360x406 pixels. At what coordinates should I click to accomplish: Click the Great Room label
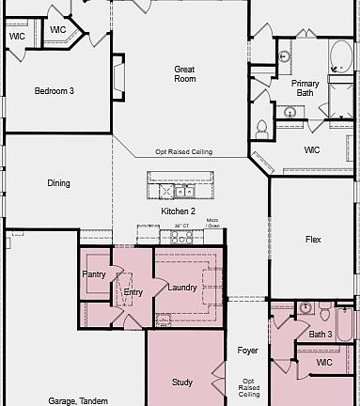[x=184, y=74]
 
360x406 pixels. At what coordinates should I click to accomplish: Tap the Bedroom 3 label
[x=54, y=91]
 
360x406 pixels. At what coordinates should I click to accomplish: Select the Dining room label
[x=58, y=183]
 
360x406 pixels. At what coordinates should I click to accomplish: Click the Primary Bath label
[x=305, y=88]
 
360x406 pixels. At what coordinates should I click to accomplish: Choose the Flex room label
[x=313, y=240]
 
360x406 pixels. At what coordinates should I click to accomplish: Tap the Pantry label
[x=94, y=274]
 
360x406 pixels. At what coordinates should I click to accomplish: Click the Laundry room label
[x=182, y=287]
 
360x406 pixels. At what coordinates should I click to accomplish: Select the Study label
[x=182, y=382]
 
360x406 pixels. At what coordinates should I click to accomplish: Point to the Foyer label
[x=247, y=351]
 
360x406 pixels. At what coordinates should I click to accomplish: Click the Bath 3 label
[x=321, y=334]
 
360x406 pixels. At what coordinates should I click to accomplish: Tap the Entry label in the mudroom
[x=133, y=292]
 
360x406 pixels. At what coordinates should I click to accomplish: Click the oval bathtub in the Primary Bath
[x=337, y=58]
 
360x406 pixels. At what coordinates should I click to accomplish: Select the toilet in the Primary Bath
[x=262, y=129]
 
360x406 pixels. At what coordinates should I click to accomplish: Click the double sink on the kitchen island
[x=178, y=192]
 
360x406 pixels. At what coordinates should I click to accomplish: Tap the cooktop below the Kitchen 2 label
[x=180, y=238]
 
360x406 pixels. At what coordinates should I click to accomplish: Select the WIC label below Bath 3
[x=324, y=362]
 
